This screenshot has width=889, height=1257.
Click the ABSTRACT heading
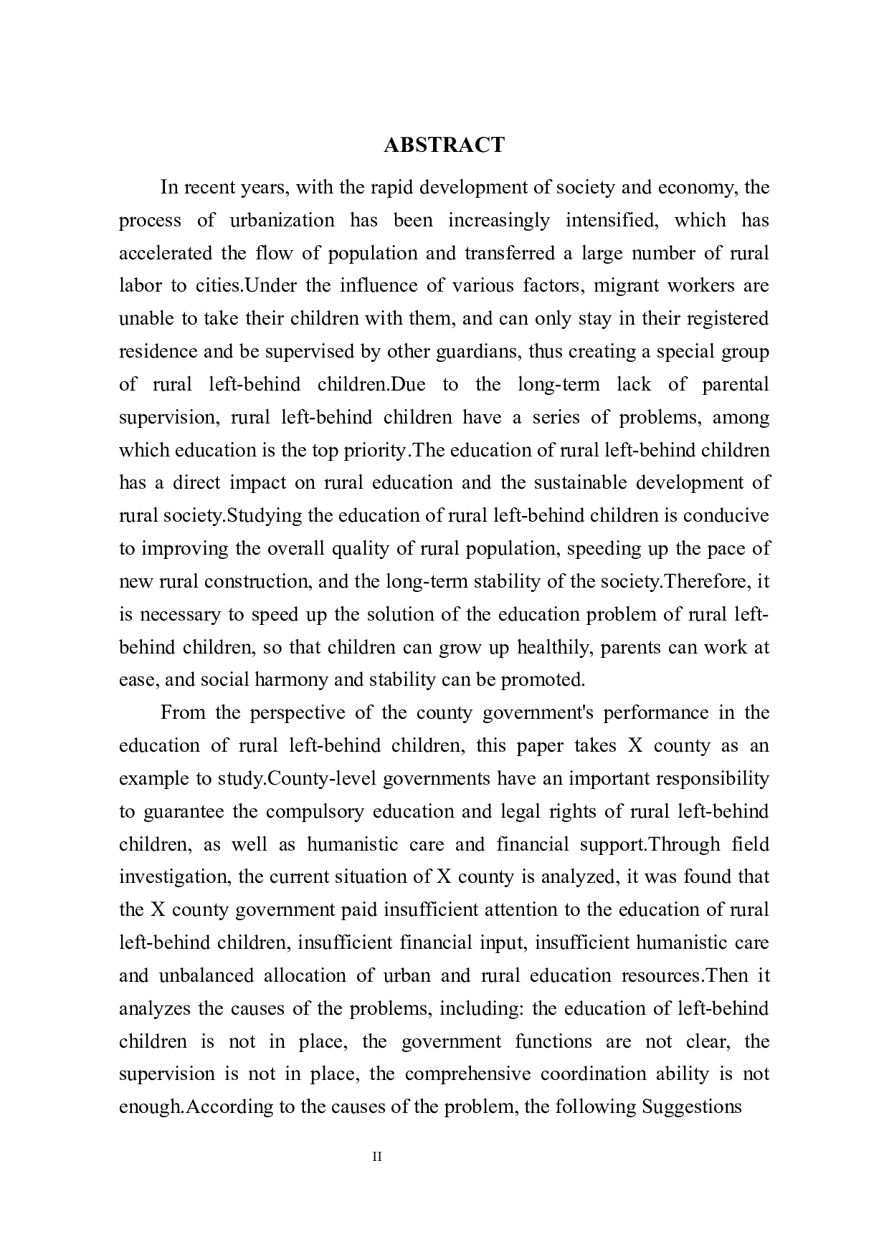tap(444, 145)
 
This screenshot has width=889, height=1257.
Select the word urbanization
tap(282, 220)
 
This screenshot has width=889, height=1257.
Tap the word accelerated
tap(165, 253)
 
